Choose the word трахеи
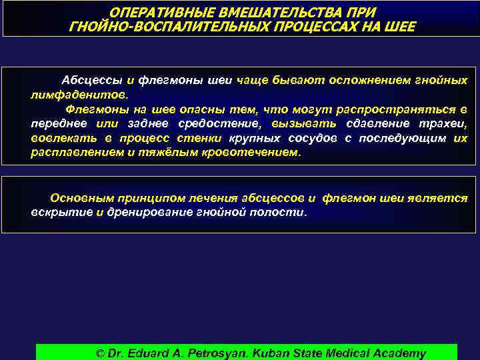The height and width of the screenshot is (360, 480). tap(445, 123)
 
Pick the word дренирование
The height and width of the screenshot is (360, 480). tap(149, 213)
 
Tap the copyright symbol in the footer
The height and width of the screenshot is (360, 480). tap(101, 353)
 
